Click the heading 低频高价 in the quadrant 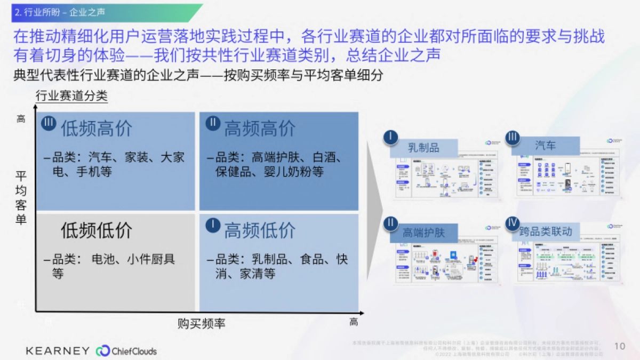[x=96, y=129]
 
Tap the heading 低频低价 [x=96, y=230]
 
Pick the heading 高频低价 [x=259, y=230]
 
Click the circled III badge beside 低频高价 [x=49, y=124]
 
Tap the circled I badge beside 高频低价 [x=212, y=225]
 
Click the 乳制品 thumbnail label [x=424, y=148]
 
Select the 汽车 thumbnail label [x=545, y=146]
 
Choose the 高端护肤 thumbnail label [x=423, y=233]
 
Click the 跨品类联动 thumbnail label [x=545, y=231]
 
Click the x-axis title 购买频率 [x=202, y=323]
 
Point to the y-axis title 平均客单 [x=21, y=198]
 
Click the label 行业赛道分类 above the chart [x=71, y=97]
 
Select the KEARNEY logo [x=58, y=350]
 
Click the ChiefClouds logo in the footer [x=126, y=350]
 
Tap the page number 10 [x=619, y=346]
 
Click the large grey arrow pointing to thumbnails [x=375, y=213]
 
